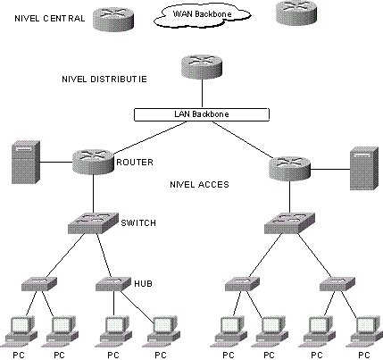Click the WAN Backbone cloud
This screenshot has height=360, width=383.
click(x=202, y=16)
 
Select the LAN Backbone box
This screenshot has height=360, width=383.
click(x=202, y=114)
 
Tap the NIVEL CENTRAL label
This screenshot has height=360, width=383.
click(x=50, y=19)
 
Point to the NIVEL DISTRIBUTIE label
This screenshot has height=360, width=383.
click(x=104, y=80)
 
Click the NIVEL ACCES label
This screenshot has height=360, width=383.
click(x=199, y=185)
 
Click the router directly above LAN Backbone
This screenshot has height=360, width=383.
click(x=202, y=67)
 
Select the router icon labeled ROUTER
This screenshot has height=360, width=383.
click(x=93, y=162)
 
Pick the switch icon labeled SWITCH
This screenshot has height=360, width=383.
click(x=93, y=223)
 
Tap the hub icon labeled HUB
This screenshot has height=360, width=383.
click(x=113, y=284)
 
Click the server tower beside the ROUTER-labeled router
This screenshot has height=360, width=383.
click(x=26, y=163)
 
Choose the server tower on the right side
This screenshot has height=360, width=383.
click(x=364, y=168)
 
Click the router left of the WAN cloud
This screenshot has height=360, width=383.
click(x=113, y=19)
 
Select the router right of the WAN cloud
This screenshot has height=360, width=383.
click(x=296, y=13)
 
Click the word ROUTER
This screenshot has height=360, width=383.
click(x=135, y=163)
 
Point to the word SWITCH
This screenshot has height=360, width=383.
click(x=138, y=223)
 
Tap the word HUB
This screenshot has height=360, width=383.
click(x=144, y=284)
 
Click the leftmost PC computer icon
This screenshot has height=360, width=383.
click(x=20, y=332)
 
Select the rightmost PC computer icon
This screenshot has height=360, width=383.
click(x=365, y=332)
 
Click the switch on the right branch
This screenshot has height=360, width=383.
click(x=289, y=223)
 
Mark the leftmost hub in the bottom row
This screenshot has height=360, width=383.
click(x=39, y=284)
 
